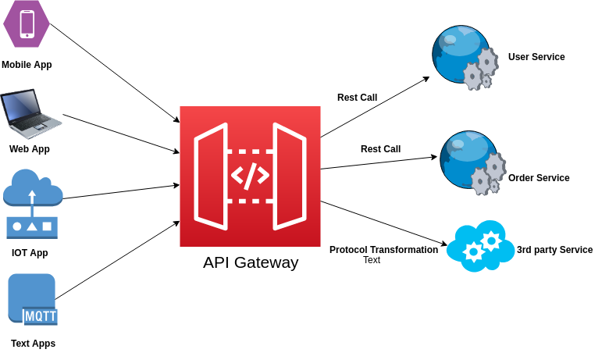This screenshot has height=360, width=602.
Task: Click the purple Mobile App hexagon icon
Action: (27, 24)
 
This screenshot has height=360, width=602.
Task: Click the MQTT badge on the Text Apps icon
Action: (41, 316)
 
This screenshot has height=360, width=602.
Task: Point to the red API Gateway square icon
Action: (250, 176)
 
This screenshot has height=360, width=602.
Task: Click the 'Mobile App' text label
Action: (27, 65)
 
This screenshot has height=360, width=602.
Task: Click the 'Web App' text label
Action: (30, 149)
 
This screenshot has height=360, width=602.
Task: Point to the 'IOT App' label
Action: (30, 253)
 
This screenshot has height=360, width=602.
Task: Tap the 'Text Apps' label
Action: (33, 344)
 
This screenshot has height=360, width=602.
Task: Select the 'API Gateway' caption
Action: (251, 262)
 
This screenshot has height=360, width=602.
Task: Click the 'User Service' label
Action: (536, 57)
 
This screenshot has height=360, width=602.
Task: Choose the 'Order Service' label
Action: (539, 178)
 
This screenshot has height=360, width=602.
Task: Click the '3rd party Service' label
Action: (554, 250)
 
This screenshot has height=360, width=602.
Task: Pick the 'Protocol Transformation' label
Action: (383, 250)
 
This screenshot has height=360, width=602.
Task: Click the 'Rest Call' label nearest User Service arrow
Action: (357, 98)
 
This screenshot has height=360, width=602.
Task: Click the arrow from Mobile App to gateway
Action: (114, 73)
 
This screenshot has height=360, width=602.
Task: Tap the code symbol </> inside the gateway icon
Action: (250, 176)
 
